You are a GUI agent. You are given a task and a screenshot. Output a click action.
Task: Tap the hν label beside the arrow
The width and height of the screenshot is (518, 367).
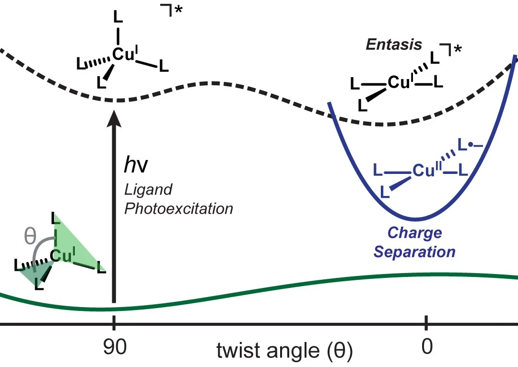pyautogui.click(x=136, y=165)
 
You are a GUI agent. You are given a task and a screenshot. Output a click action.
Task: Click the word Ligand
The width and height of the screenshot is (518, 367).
pyautogui.click(x=148, y=190)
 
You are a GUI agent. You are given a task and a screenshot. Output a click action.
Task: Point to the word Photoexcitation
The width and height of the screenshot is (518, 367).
pyautogui.click(x=178, y=208)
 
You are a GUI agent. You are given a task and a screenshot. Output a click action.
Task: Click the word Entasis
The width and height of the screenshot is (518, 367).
pyautogui.click(x=394, y=45)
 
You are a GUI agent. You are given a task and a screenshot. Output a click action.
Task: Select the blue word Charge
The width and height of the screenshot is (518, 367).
pyautogui.click(x=415, y=233)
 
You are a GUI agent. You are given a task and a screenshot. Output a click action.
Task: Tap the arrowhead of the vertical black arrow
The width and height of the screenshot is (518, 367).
pyautogui.click(x=114, y=117)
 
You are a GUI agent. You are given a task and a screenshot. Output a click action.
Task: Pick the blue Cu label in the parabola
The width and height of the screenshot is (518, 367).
pyautogui.click(x=423, y=170)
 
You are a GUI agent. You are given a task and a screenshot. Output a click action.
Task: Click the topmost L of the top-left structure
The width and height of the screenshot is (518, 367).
pyautogui.click(x=118, y=16)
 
